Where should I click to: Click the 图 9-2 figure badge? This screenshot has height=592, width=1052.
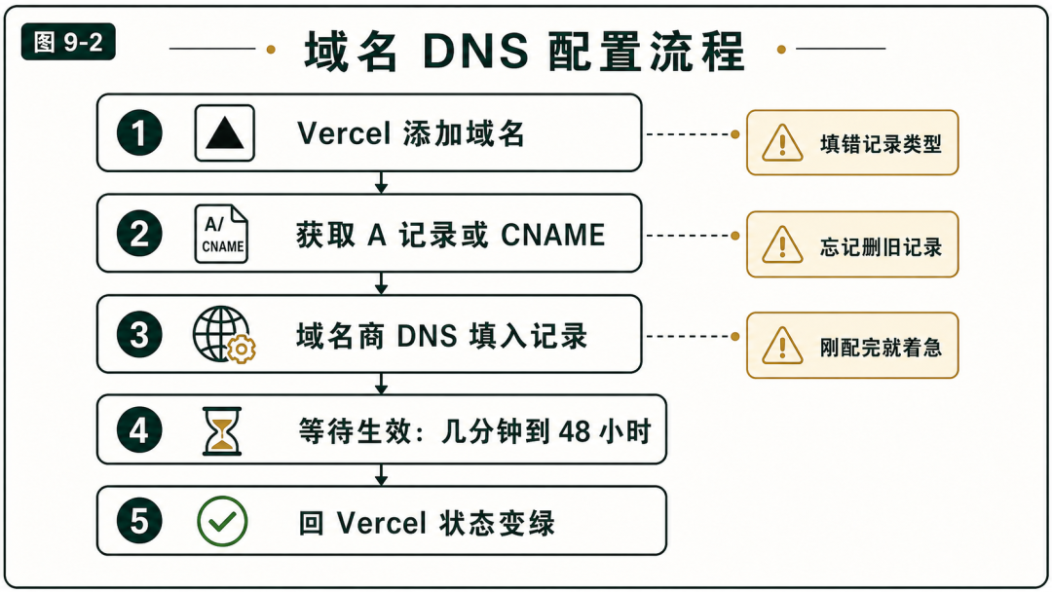click(68, 42)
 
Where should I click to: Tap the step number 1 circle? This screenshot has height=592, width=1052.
click(139, 132)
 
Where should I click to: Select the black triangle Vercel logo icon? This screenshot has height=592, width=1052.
click(225, 132)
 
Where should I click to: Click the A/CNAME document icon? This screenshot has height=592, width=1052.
click(221, 234)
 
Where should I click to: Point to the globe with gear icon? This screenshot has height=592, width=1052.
click(223, 335)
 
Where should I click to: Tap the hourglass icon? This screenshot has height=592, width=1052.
click(222, 431)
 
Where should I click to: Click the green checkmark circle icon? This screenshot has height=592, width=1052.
click(222, 521)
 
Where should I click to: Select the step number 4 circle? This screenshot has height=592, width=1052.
click(139, 429)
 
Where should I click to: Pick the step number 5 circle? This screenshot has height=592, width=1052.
click(139, 520)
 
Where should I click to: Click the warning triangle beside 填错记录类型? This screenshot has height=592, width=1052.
click(782, 143)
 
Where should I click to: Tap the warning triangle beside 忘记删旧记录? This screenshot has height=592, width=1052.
click(782, 244)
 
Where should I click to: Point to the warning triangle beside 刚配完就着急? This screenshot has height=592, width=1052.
click(782, 346)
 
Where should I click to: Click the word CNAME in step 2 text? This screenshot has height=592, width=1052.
click(553, 235)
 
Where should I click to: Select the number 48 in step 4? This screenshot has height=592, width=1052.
click(574, 431)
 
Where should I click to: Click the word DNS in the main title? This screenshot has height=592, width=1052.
click(475, 51)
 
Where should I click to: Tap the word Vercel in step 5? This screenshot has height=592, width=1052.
click(381, 523)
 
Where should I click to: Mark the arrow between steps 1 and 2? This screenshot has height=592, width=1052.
click(381, 182)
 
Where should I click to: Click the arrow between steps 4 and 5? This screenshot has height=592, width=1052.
click(381, 475)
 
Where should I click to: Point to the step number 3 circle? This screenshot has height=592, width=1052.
click(139, 335)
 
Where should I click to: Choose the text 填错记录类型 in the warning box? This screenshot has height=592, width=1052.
click(881, 143)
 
